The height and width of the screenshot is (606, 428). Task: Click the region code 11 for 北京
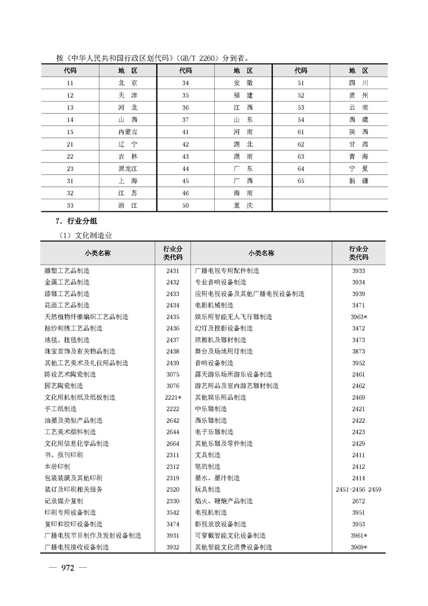coord(70,83)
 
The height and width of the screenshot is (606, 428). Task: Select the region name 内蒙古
coord(128,132)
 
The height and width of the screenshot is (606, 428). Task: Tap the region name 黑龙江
coord(128,169)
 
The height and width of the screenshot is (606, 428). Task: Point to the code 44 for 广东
coord(186,169)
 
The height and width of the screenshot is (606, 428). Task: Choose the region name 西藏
coord(358,120)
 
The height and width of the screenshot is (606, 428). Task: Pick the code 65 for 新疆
coord(301,181)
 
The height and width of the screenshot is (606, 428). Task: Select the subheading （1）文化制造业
coord(85,235)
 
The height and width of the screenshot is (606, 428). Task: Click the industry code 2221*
coord(173,397)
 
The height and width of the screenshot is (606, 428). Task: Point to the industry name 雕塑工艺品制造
coord(67,271)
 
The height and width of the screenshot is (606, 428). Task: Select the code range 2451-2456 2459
coord(358,489)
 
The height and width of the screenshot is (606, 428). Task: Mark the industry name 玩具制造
coord(207,489)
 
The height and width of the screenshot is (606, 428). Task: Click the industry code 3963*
coord(359,317)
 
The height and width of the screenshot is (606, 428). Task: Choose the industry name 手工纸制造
coord(60,409)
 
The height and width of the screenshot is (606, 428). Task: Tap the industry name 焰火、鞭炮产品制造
coord(223,501)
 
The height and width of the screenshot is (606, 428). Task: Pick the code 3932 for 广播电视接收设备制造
coord(173,547)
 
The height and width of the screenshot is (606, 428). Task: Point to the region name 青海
coord(358,157)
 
